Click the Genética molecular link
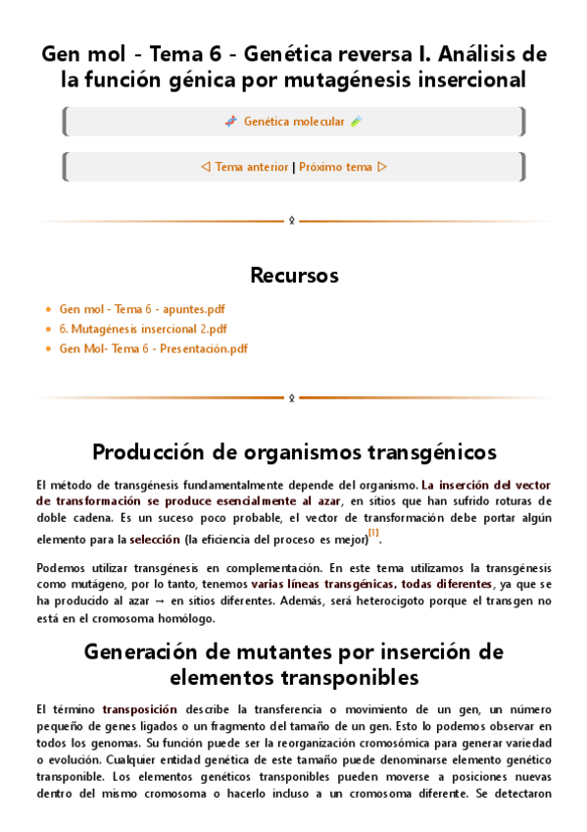(x=294, y=122)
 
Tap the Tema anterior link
(x=252, y=167)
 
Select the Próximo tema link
(x=335, y=167)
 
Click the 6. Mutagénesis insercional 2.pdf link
(x=143, y=329)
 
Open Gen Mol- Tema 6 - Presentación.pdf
(x=153, y=348)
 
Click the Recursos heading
(x=294, y=274)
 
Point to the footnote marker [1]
(x=373, y=534)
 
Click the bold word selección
(x=155, y=539)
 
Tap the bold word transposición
(x=140, y=708)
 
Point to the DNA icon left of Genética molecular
(x=230, y=122)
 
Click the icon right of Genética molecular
(x=357, y=122)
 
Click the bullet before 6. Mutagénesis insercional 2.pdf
(x=49, y=329)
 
